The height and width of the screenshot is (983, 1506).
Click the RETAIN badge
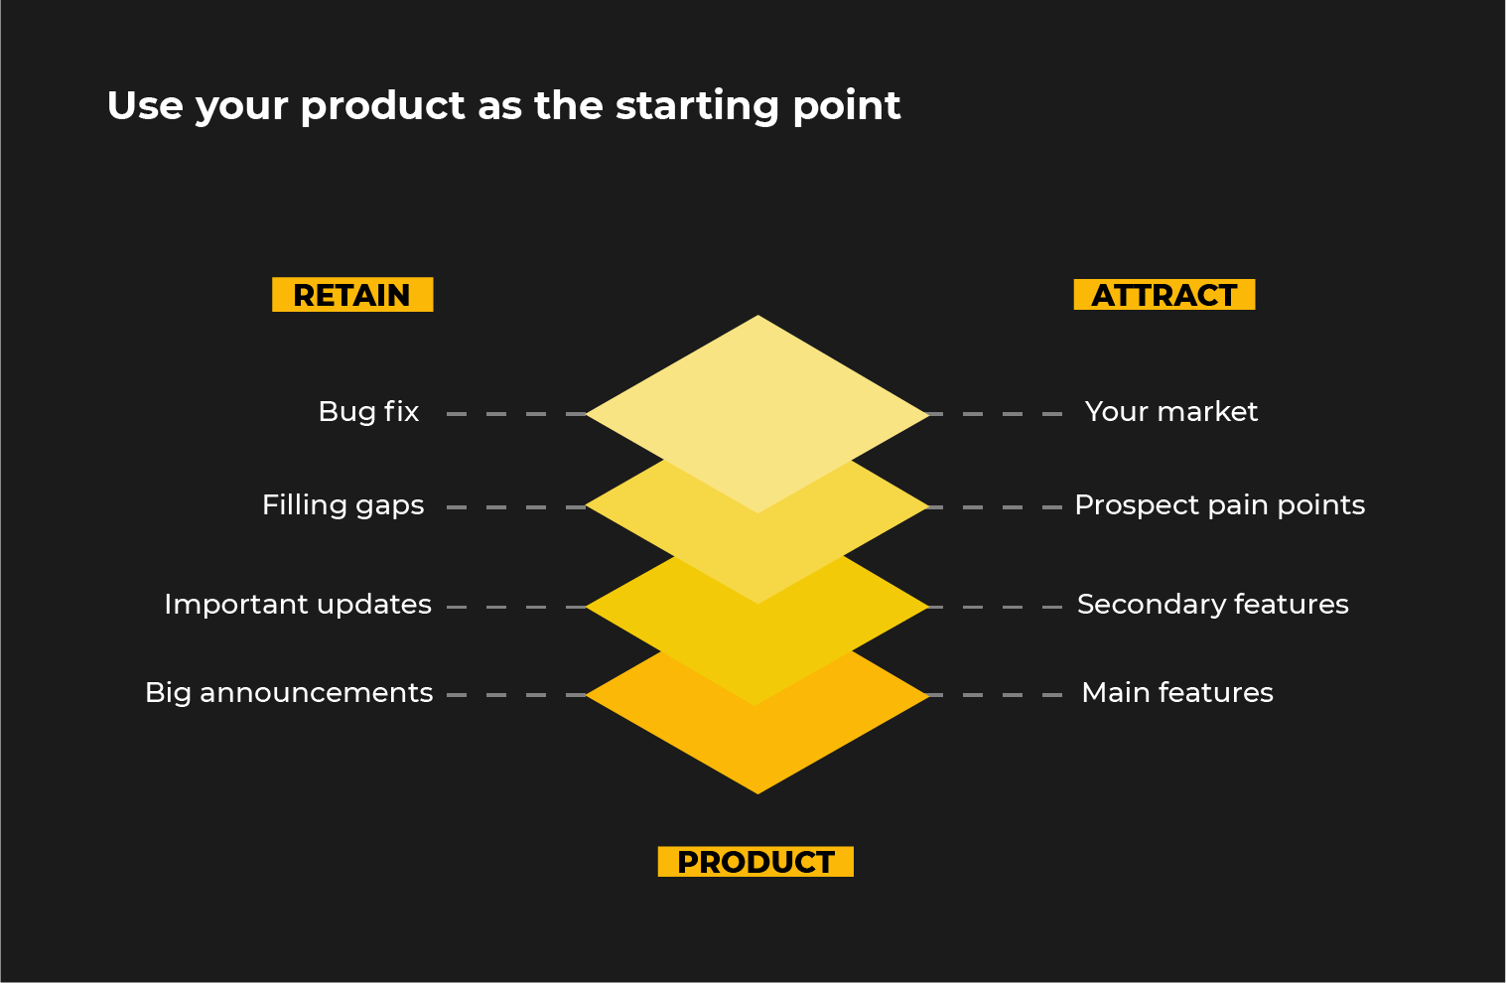(x=352, y=295)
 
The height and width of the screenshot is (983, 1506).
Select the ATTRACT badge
(x=1164, y=295)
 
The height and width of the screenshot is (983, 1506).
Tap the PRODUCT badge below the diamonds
(x=755, y=862)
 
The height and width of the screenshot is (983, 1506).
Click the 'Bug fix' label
(x=368, y=412)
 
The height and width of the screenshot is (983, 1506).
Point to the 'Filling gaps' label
(x=342, y=505)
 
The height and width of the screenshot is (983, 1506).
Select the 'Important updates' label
(x=298, y=605)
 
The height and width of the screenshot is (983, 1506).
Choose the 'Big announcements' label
(x=289, y=693)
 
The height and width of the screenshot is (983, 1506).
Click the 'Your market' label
(x=1170, y=412)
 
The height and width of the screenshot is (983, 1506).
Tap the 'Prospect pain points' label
(x=1219, y=505)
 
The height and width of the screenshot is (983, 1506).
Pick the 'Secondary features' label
(x=1212, y=605)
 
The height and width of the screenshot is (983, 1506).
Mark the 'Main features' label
(x=1177, y=693)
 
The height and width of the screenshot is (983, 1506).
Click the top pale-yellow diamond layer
(x=757, y=397)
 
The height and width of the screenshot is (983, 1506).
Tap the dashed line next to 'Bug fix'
(x=516, y=414)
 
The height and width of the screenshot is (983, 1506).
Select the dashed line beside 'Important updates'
(x=516, y=607)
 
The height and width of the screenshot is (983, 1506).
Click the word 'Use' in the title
(x=145, y=105)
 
